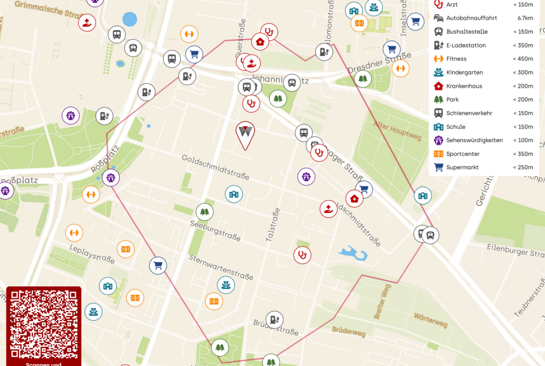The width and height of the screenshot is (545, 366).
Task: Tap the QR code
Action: click(x=44, y=325)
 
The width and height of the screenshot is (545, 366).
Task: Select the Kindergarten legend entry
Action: click(x=464, y=72)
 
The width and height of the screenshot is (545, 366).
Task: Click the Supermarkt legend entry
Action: click(x=463, y=167)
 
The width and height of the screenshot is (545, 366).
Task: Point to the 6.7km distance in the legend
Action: click(x=525, y=18)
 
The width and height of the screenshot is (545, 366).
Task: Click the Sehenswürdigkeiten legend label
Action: click(x=474, y=140)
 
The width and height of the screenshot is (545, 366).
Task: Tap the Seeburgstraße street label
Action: click(x=215, y=230)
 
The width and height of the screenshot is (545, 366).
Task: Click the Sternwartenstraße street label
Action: click(x=221, y=267)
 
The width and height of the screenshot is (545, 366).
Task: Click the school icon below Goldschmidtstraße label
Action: click(x=234, y=194)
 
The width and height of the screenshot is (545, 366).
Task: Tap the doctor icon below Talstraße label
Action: click(x=302, y=255)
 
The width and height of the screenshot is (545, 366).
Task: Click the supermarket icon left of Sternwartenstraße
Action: click(x=158, y=265)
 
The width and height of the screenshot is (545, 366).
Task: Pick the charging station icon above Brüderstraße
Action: click(x=274, y=319)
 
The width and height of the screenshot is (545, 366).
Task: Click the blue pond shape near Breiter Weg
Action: click(x=354, y=253)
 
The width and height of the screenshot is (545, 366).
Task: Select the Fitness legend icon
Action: click(x=438, y=59)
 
